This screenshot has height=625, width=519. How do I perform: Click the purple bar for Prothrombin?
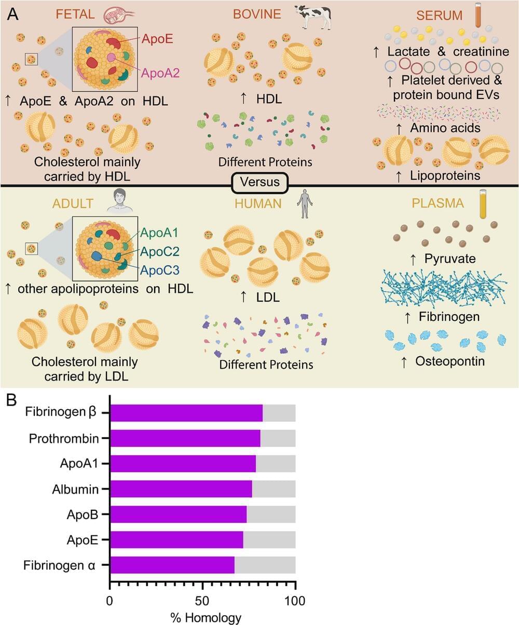click(185, 439)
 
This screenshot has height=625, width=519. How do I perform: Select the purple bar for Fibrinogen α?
click(172, 565)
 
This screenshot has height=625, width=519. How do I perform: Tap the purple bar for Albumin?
click(181, 489)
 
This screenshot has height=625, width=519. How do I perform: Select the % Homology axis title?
click(206, 617)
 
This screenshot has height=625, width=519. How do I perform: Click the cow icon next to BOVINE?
click(313, 16)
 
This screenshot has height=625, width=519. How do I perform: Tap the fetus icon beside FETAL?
click(118, 15)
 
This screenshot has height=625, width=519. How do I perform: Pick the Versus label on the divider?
click(259, 182)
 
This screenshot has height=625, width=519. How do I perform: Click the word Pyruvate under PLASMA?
click(450, 258)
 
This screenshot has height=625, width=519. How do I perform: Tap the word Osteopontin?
click(450, 361)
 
